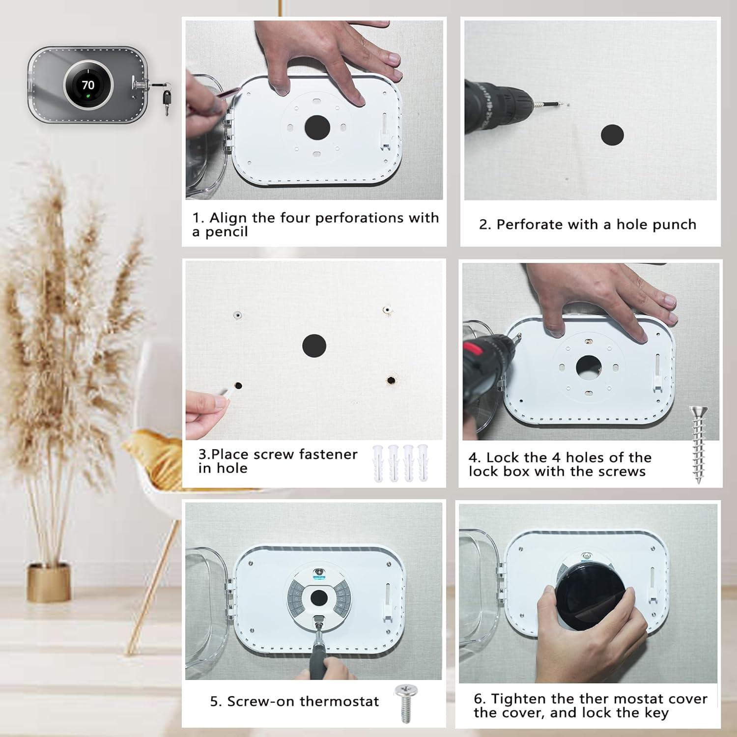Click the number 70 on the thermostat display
tap(88, 85)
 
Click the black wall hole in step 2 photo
tap(612, 135)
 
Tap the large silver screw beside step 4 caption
tap(698, 445)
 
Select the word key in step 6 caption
tap(656, 713)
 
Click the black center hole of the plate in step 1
tap(317, 127)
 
